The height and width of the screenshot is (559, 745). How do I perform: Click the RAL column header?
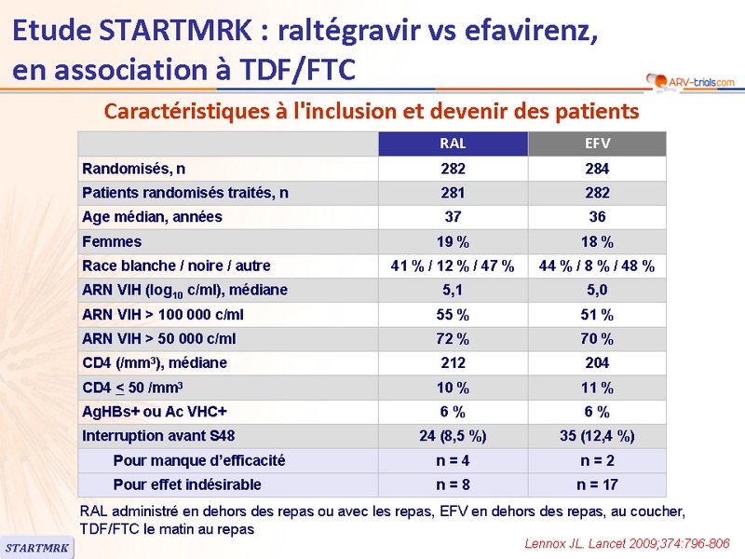(453, 144)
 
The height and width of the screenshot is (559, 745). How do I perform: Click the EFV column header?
(597, 144)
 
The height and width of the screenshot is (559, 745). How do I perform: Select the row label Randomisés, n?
(134, 169)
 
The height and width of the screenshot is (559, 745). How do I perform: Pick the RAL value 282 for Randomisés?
(453, 169)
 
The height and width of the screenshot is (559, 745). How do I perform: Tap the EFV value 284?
(597, 169)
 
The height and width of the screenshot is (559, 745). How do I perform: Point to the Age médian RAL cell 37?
(453, 217)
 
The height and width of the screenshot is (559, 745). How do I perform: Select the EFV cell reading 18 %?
(597, 241)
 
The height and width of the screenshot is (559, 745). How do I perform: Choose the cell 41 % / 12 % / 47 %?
(453, 266)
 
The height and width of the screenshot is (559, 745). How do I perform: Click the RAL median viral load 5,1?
(453, 290)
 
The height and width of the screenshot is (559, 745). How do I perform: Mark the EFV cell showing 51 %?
(597, 314)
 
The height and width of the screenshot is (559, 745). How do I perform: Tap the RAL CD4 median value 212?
(453, 362)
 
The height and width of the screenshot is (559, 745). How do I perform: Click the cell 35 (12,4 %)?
(597, 435)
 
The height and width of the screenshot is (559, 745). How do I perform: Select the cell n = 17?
(597, 484)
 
